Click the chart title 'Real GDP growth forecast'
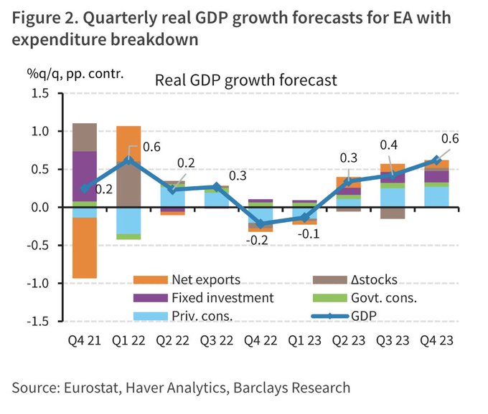246,80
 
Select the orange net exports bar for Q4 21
85,247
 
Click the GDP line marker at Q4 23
436,160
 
